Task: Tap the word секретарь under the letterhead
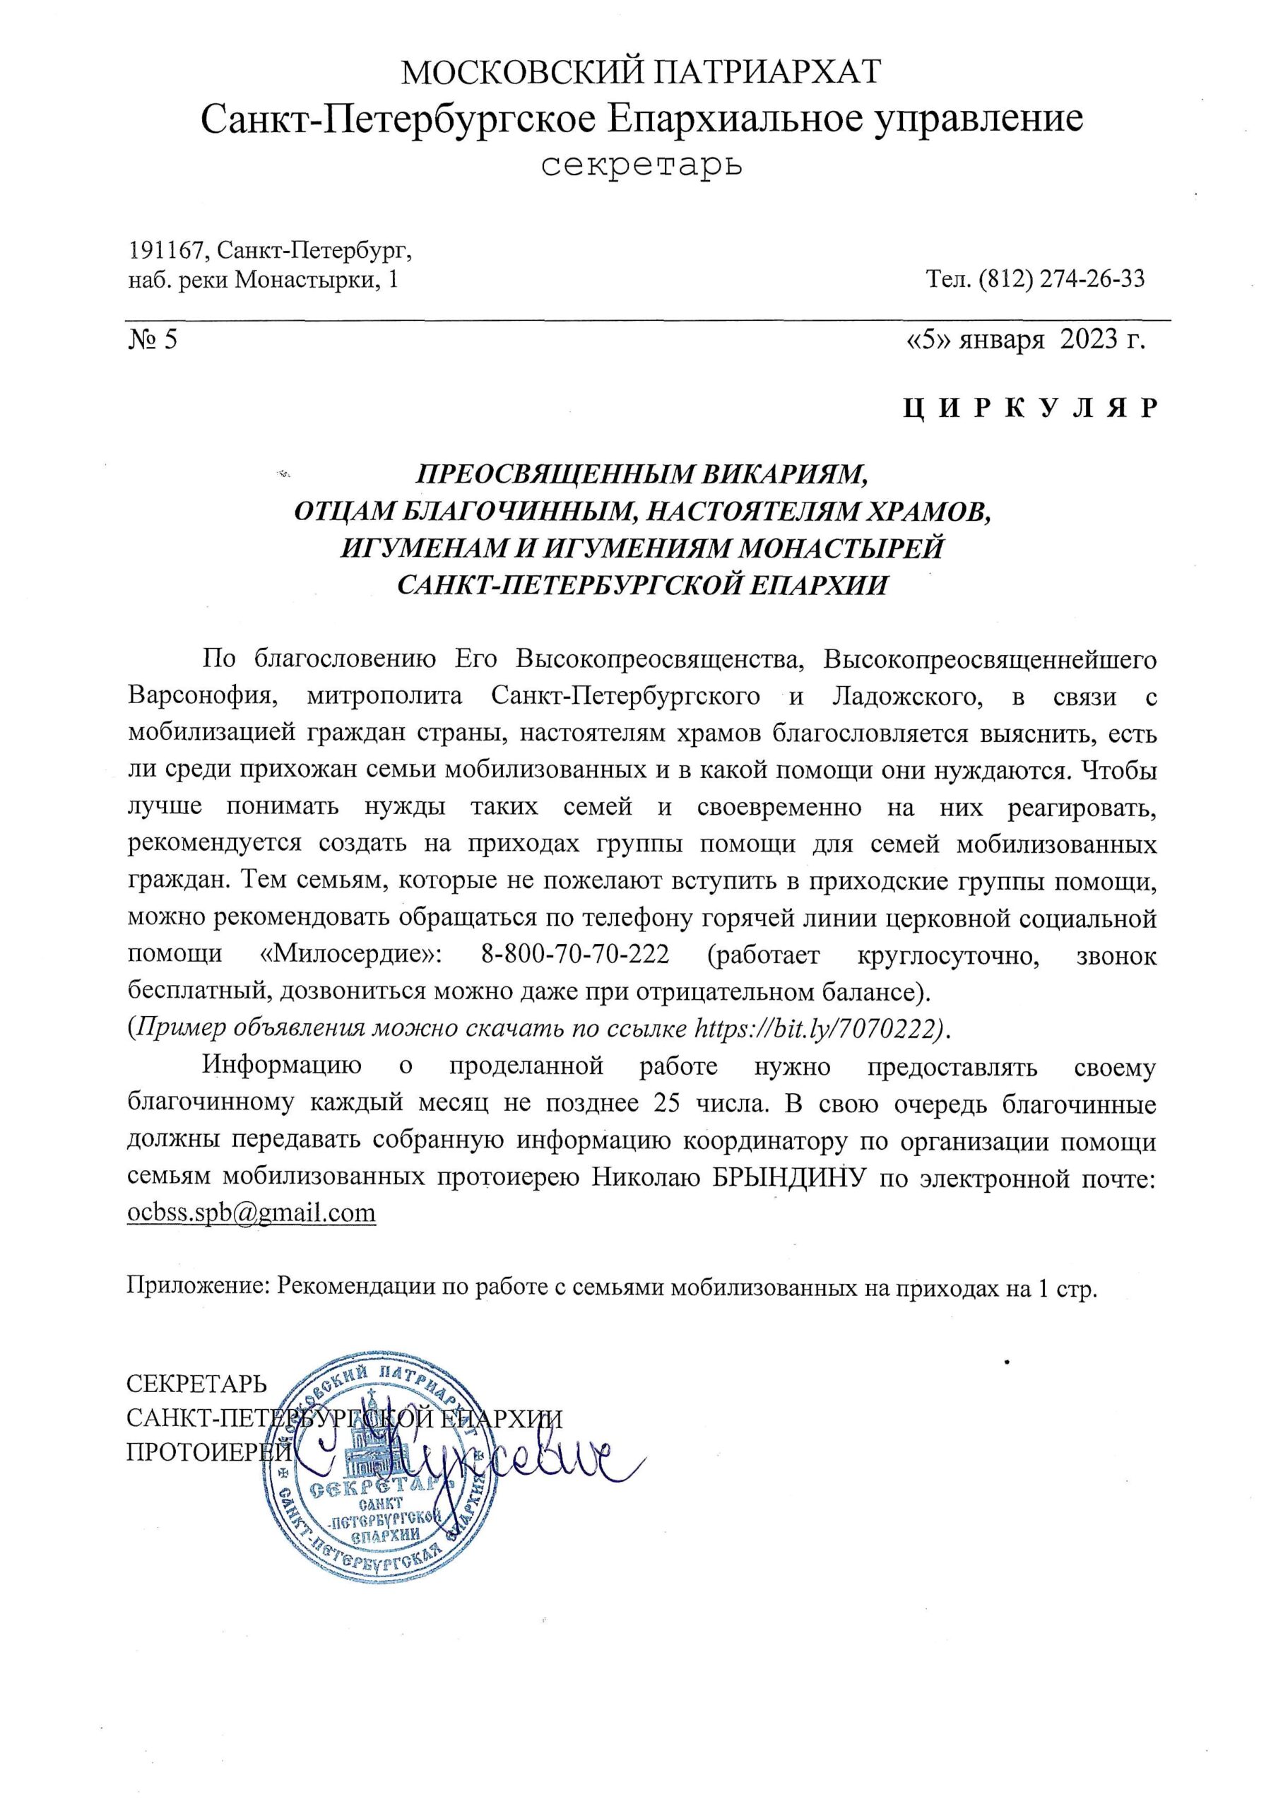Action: click(x=641, y=165)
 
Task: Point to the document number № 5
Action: click(x=153, y=339)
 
